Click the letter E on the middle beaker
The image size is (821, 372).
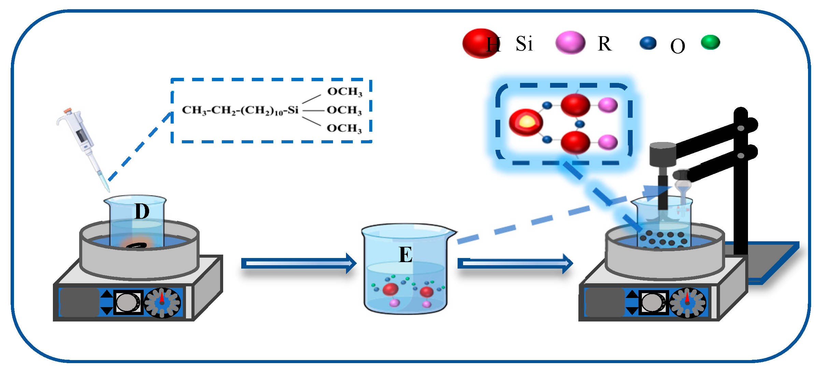406,255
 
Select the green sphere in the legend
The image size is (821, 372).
710,42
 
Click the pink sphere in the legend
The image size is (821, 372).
570,42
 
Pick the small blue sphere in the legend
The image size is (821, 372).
648,43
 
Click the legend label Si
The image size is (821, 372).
524,44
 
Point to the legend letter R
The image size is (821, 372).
604,44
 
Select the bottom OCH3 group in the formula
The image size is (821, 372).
344,128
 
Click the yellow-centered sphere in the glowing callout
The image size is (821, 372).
526,122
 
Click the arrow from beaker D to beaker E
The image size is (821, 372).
299,263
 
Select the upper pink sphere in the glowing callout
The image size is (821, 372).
608,105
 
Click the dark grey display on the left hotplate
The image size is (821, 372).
79,302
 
